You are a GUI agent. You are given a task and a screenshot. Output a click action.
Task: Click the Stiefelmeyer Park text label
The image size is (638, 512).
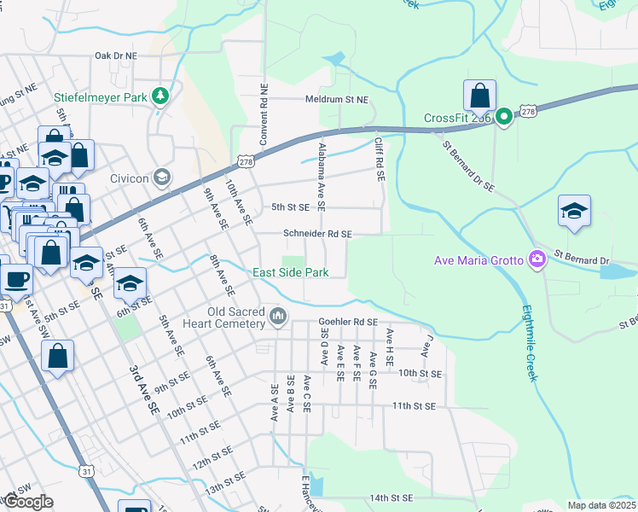coord(101,96)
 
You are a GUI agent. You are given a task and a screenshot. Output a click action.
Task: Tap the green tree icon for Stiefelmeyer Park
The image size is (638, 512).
coord(159,96)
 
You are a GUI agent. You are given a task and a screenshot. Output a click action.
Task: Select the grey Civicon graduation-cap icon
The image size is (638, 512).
coord(161,178)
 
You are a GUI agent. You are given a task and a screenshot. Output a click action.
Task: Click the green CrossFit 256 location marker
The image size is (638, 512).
coord(504,118)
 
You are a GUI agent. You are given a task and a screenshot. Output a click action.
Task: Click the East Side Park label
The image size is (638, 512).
coord(291,273)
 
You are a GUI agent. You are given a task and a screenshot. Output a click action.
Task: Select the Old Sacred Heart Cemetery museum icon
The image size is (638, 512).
coord(278,317)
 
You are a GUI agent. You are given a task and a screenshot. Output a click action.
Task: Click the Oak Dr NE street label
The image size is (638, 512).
coord(116,55)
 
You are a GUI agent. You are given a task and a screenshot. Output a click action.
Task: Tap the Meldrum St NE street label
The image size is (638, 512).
coord(337,100)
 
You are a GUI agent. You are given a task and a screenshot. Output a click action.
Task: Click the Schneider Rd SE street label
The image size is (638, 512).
coord(317,233)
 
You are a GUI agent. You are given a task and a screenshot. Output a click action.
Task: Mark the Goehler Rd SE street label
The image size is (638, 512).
coord(347,322)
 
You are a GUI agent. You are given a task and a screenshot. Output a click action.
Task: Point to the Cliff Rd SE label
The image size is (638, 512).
coord(380,160)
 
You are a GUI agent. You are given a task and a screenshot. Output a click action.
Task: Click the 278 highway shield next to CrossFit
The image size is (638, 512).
coord(529,111)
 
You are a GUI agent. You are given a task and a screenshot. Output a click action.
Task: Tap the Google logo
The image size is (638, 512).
coord(27,501)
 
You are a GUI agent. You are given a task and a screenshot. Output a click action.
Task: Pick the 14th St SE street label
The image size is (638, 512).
coord(391,497)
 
